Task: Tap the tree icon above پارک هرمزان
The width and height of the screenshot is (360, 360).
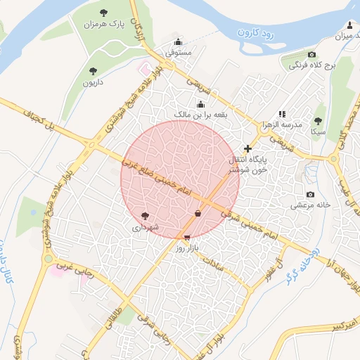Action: point(104,13)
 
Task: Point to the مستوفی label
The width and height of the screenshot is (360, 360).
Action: point(179,53)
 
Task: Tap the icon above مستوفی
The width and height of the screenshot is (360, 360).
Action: point(179,41)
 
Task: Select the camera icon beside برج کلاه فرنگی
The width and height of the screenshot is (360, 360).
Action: point(311,55)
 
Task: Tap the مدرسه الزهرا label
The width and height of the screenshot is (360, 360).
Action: point(281,124)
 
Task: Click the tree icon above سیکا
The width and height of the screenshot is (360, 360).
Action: point(317,120)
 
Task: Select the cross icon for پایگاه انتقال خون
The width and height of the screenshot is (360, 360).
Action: point(247,148)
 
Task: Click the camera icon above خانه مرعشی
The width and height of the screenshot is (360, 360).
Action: point(310,195)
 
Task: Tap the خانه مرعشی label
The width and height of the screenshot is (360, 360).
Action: point(310,206)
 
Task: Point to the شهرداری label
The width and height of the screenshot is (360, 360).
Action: point(146,228)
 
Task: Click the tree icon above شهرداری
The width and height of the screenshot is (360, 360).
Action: point(146,216)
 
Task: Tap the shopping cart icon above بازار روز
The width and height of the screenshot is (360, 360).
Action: point(186,238)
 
